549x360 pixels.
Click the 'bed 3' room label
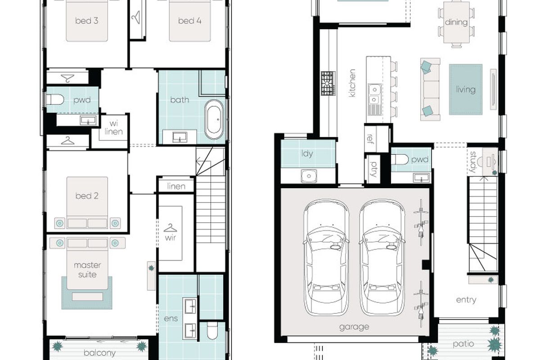pos(87,21)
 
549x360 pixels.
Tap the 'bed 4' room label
pos(190,21)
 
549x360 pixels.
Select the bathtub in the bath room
pos(214,120)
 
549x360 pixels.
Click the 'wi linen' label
pos(113,128)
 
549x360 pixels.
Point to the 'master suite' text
pos(87,270)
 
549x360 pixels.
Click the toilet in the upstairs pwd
pos(55,99)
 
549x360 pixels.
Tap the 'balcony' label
pos(100,353)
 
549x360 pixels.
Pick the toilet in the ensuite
pos(212,331)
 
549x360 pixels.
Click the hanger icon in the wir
pos(170,228)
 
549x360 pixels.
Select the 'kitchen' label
pos(352,83)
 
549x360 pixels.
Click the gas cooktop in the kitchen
pos(328,83)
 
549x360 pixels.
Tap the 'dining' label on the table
pos(456,22)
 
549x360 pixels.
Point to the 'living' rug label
pos(466,90)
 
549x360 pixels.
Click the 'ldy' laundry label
pos(307,153)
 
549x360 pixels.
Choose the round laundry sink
pos(309,176)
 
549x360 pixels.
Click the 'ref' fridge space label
pos(370,138)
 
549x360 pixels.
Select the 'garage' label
pos(354,327)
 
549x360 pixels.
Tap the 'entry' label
pos(466,300)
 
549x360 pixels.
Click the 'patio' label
pos(463,344)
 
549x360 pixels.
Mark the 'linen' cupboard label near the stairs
pos(176,186)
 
